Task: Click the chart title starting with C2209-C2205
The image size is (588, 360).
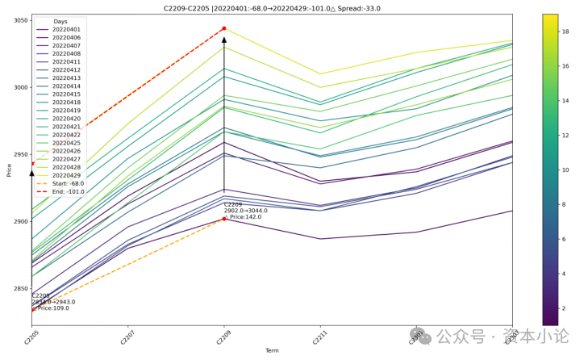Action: (273, 8)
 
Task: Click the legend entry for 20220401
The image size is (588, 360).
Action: (65, 29)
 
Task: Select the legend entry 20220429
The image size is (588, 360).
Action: (65, 175)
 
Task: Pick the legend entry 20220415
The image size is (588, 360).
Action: (65, 94)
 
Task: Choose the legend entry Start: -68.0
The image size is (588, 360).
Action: (67, 183)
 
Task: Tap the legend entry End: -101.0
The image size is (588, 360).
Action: (67, 191)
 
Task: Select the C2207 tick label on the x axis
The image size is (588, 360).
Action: (127, 338)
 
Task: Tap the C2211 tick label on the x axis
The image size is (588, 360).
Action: (319, 338)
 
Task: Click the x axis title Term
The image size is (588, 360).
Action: (273, 350)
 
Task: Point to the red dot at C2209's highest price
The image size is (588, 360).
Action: (224, 28)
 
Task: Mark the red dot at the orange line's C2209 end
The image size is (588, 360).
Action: (224, 219)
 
